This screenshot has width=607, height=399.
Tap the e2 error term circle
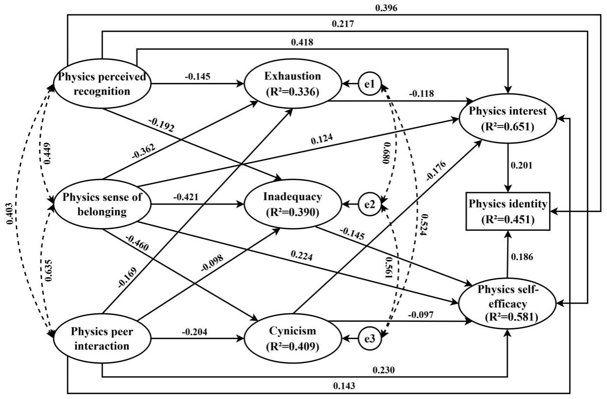[369, 205]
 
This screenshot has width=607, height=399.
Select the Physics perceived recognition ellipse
[102, 85]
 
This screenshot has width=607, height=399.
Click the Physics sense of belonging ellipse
[102, 205]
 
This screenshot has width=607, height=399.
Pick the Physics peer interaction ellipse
[102, 338]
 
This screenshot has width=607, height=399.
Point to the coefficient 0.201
[520, 166]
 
